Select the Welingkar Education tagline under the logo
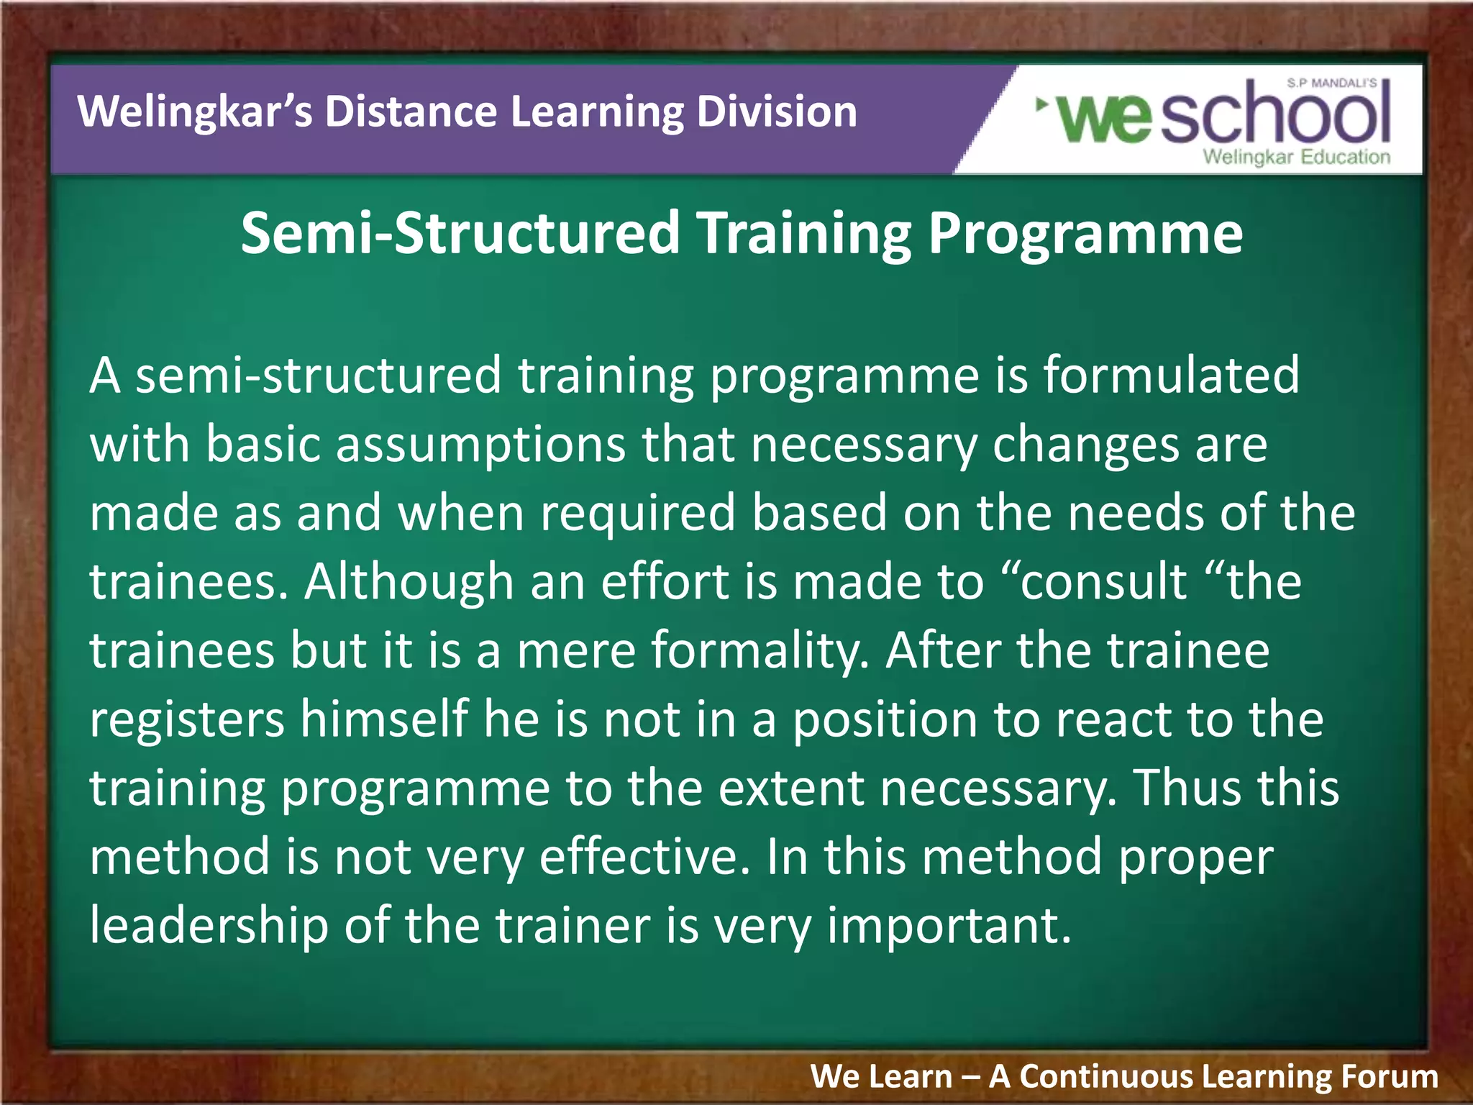(1297, 157)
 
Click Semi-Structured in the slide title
(460, 233)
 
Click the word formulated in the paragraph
(1172, 376)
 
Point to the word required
(638, 513)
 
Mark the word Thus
(1185, 787)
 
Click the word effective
(645, 856)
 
